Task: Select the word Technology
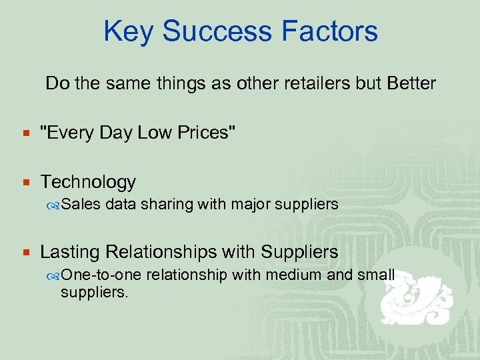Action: pos(88,181)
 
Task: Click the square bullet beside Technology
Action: pos(27,182)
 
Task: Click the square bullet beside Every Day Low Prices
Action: pos(27,133)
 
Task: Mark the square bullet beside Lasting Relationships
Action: pos(27,253)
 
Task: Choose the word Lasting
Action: pos(70,252)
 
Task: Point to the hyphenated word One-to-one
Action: pos(101,275)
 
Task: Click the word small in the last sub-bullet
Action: pos(376,275)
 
